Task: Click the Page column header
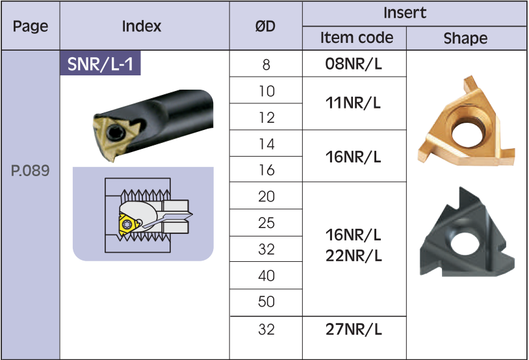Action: (x=31, y=27)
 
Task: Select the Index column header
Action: (x=142, y=27)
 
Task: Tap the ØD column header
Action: (x=265, y=27)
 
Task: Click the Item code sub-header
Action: (x=357, y=38)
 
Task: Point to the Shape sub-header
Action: (x=465, y=38)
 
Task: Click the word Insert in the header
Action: (x=405, y=12)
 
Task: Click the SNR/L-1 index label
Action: (x=101, y=64)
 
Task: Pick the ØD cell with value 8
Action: (x=266, y=65)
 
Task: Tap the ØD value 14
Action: (x=266, y=144)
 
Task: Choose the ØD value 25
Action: (x=266, y=223)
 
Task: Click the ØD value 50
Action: (x=266, y=302)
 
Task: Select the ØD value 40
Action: (x=266, y=276)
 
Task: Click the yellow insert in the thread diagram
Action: (x=128, y=223)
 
